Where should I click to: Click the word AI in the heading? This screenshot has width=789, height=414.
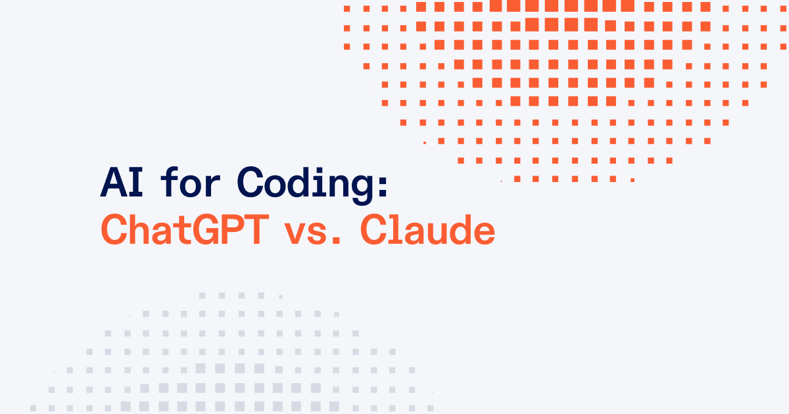point(122,183)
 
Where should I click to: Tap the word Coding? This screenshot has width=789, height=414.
point(312,185)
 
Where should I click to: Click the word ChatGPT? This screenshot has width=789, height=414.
point(185,229)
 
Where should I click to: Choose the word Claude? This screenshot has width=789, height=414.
point(428,229)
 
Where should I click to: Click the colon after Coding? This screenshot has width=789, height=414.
point(384,185)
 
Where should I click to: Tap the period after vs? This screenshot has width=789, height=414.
point(337,240)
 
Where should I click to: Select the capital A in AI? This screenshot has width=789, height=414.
point(112,183)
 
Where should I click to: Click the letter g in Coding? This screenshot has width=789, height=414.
point(362,190)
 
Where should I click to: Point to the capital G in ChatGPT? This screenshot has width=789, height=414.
point(206,229)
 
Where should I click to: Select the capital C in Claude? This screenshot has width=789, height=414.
point(374,229)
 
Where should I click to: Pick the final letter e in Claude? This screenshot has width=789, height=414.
point(484,233)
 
